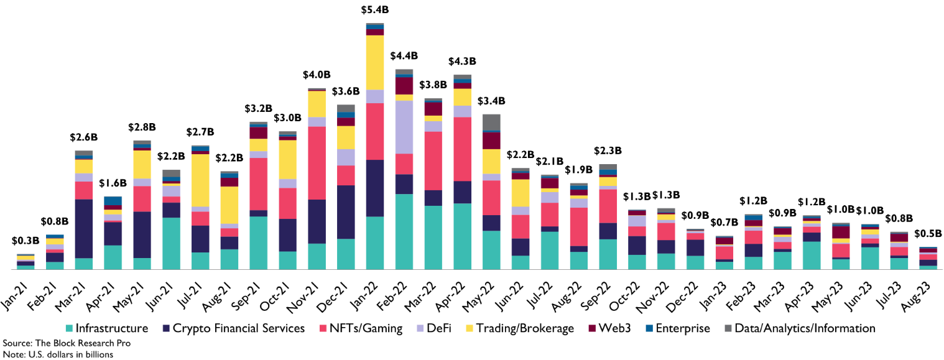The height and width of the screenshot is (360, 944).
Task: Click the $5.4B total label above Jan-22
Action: click(x=374, y=10)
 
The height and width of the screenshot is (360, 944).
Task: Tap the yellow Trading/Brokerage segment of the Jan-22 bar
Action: click(x=374, y=62)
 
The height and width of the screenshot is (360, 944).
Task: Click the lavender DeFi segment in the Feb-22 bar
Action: click(x=404, y=127)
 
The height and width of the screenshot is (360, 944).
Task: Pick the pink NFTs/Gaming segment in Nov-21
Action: click(x=317, y=163)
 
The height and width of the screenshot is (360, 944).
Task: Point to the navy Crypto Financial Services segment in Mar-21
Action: click(x=83, y=228)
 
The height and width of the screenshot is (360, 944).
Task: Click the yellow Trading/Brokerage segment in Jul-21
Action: click(x=200, y=180)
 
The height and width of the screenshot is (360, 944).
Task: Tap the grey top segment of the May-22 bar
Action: click(x=491, y=122)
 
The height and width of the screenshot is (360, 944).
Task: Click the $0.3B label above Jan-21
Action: click(x=25, y=241)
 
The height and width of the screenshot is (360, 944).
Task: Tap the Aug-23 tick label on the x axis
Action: click(x=925, y=289)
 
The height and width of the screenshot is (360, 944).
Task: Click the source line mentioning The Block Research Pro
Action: click(x=67, y=343)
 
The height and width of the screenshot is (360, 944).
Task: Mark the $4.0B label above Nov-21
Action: click(x=317, y=75)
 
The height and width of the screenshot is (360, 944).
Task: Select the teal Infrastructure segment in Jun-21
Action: click(x=171, y=243)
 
